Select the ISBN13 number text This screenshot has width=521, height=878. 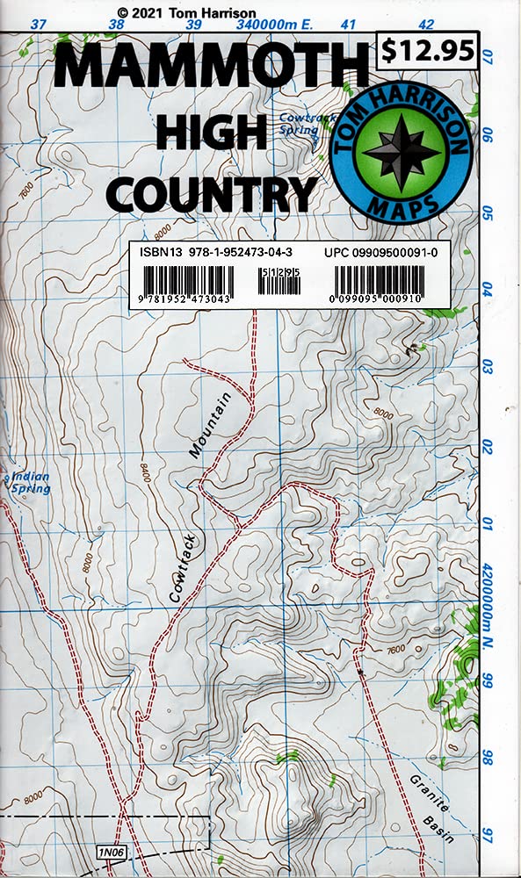point(216,251)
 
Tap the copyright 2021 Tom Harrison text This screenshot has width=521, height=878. point(185,12)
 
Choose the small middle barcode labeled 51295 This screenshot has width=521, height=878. point(281,283)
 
